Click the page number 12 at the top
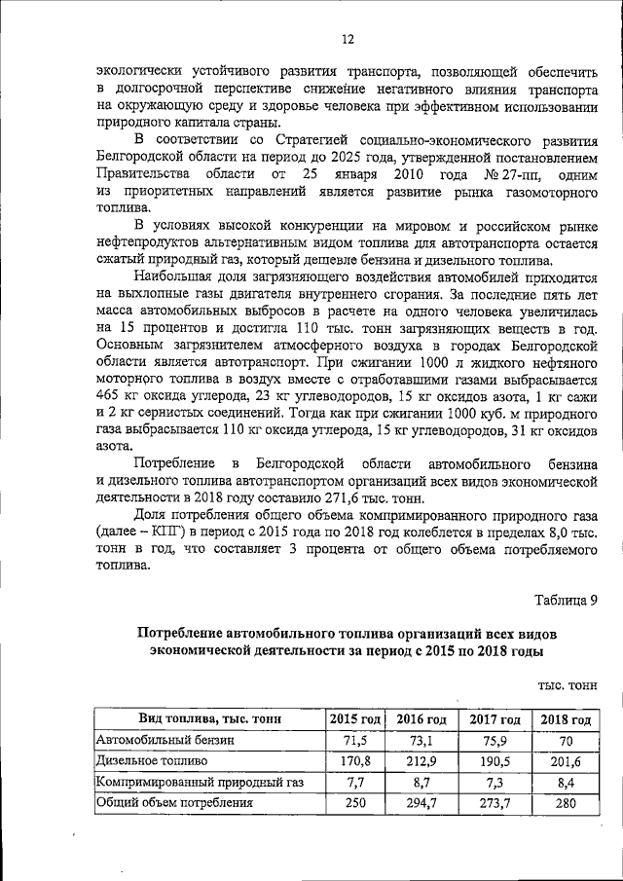347,39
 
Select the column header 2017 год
495,719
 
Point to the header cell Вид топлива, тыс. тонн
209,719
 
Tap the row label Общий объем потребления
174,803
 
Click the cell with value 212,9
421,760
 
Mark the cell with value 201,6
566,760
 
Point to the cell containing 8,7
421,782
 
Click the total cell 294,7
421,803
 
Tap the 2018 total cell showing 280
566,803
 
